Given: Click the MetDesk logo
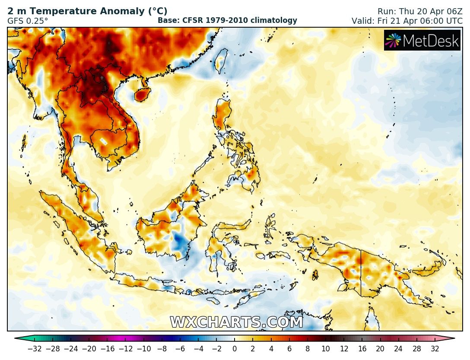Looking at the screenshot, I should click(422, 40).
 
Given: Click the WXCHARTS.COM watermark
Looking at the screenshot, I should click(236, 322).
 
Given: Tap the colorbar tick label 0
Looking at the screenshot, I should click(235, 349).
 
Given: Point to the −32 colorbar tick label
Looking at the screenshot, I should click(35, 349).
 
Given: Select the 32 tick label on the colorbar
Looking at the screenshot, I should click(435, 349).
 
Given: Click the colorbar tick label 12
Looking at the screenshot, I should click(344, 349).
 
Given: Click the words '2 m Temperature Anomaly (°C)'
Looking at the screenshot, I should click(87, 12).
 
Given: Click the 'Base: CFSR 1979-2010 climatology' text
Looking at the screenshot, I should click(227, 20).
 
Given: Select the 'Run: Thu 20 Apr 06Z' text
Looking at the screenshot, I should click(413, 12).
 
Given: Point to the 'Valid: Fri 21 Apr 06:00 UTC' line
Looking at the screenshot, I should click(407, 20).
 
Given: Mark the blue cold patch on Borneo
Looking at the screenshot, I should click(178, 240).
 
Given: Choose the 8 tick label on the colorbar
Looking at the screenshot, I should click(308, 349).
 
